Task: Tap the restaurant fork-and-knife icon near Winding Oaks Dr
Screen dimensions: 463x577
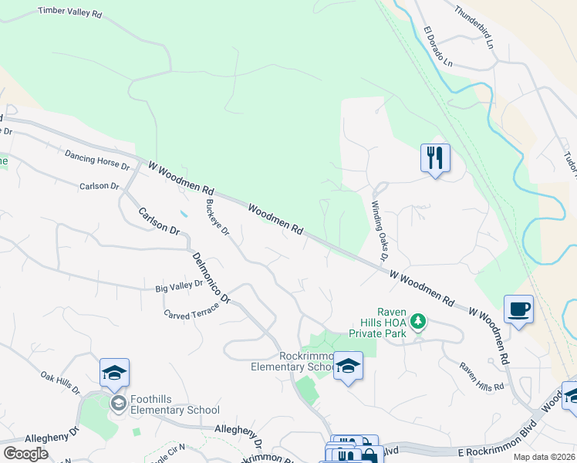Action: click(x=435, y=158)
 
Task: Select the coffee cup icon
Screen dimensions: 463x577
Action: click(x=518, y=309)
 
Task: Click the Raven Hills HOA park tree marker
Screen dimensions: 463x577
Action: click(x=418, y=319)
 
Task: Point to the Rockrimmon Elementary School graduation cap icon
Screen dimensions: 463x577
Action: click(x=348, y=366)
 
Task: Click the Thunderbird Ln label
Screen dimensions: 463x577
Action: click(x=473, y=25)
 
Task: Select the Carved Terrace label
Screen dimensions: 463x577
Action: click(x=191, y=310)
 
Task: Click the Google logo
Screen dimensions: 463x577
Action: click(x=25, y=454)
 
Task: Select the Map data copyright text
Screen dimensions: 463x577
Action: click(x=543, y=457)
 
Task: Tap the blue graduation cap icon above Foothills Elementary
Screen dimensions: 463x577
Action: click(x=114, y=373)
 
